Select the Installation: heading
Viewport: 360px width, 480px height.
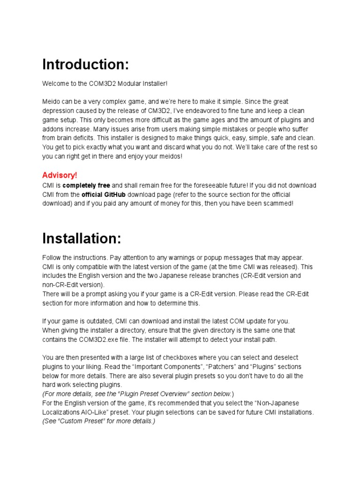pos(82,239)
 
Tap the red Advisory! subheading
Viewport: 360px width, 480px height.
pos(60,175)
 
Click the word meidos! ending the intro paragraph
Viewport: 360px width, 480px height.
pos(167,157)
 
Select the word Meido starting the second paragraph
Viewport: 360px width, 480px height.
pos(51,102)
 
